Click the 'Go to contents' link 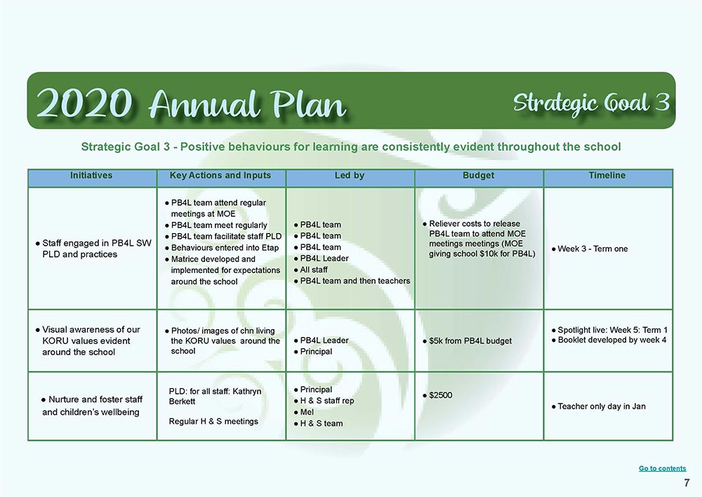point(662,468)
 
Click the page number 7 point(687,483)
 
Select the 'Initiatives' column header point(91,175)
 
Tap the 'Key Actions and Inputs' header point(220,175)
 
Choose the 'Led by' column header point(350,175)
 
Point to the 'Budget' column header point(479,175)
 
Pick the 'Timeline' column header point(607,175)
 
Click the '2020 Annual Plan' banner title point(191,103)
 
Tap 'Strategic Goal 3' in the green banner point(591,102)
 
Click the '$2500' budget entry point(441,395)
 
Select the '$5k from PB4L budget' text point(470,340)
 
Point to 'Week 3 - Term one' point(592,249)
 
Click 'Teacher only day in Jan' point(602,406)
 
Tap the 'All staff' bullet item point(314,270)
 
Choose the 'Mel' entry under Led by point(307,412)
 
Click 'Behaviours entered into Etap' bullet point(225,248)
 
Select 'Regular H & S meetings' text point(213,421)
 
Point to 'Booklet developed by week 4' point(612,340)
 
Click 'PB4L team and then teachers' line point(355,281)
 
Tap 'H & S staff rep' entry point(327,401)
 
